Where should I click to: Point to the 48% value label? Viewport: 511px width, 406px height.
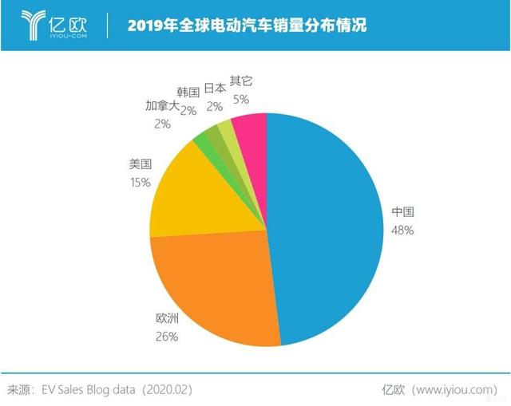tap(402, 230)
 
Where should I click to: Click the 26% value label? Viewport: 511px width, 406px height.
tap(166, 337)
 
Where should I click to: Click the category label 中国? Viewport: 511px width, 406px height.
tap(403, 213)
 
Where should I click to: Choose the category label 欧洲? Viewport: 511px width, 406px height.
tap(167, 320)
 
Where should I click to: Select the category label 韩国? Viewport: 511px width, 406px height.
tap(189, 93)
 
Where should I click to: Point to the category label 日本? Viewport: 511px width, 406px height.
tap(215, 88)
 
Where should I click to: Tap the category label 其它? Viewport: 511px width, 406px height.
tap(240, 82)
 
